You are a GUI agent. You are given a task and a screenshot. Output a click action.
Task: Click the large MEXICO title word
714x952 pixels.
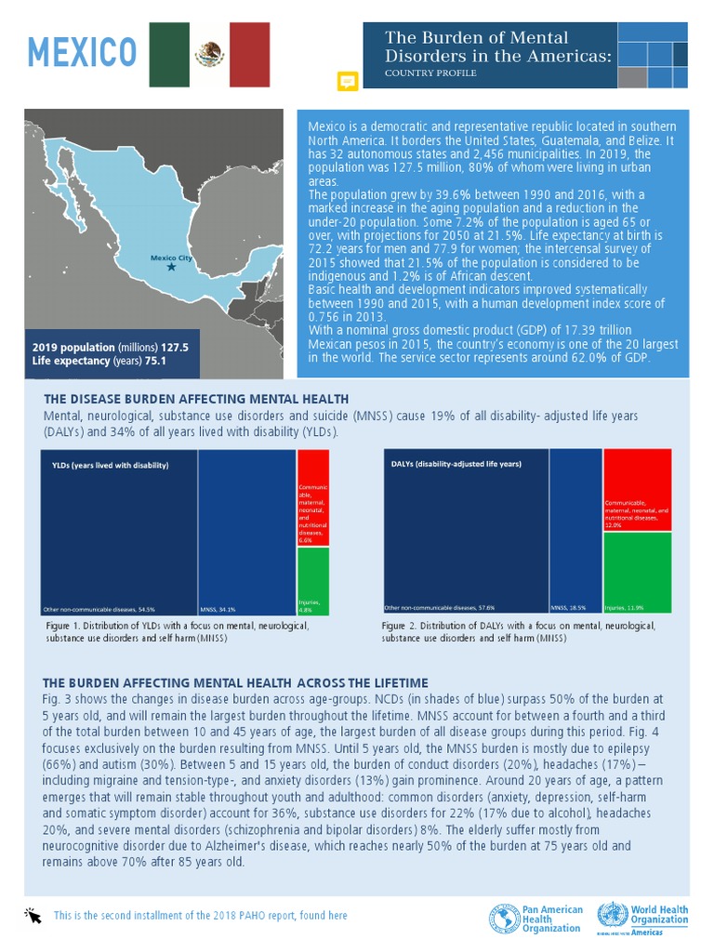coord(82,53)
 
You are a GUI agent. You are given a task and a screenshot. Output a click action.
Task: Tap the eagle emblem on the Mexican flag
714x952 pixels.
coord(209,54)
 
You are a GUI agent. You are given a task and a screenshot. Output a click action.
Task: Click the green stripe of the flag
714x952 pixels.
coord(169,54)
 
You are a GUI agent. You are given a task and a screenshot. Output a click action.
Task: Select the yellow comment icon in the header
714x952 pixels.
coord(348,81)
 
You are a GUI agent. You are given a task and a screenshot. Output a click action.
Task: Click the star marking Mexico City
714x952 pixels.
coord(171,267)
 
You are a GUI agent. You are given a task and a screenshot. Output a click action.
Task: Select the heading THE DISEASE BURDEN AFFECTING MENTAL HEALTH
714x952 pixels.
coord(196,399)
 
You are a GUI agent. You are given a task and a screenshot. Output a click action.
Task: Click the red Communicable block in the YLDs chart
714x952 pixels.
coord(312,496)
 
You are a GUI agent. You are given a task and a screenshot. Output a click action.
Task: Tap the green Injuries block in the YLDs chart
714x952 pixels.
coord(312,581)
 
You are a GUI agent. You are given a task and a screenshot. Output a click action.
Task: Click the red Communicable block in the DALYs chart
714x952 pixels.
coord(637,490)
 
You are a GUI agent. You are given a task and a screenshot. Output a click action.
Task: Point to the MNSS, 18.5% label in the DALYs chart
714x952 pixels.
coord(567,607)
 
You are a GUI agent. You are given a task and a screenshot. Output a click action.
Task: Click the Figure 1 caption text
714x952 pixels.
coord(177,632)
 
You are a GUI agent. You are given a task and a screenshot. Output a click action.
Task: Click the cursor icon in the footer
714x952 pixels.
coord(34,916)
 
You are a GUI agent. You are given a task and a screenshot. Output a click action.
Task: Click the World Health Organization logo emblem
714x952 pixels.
coord(611,917)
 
